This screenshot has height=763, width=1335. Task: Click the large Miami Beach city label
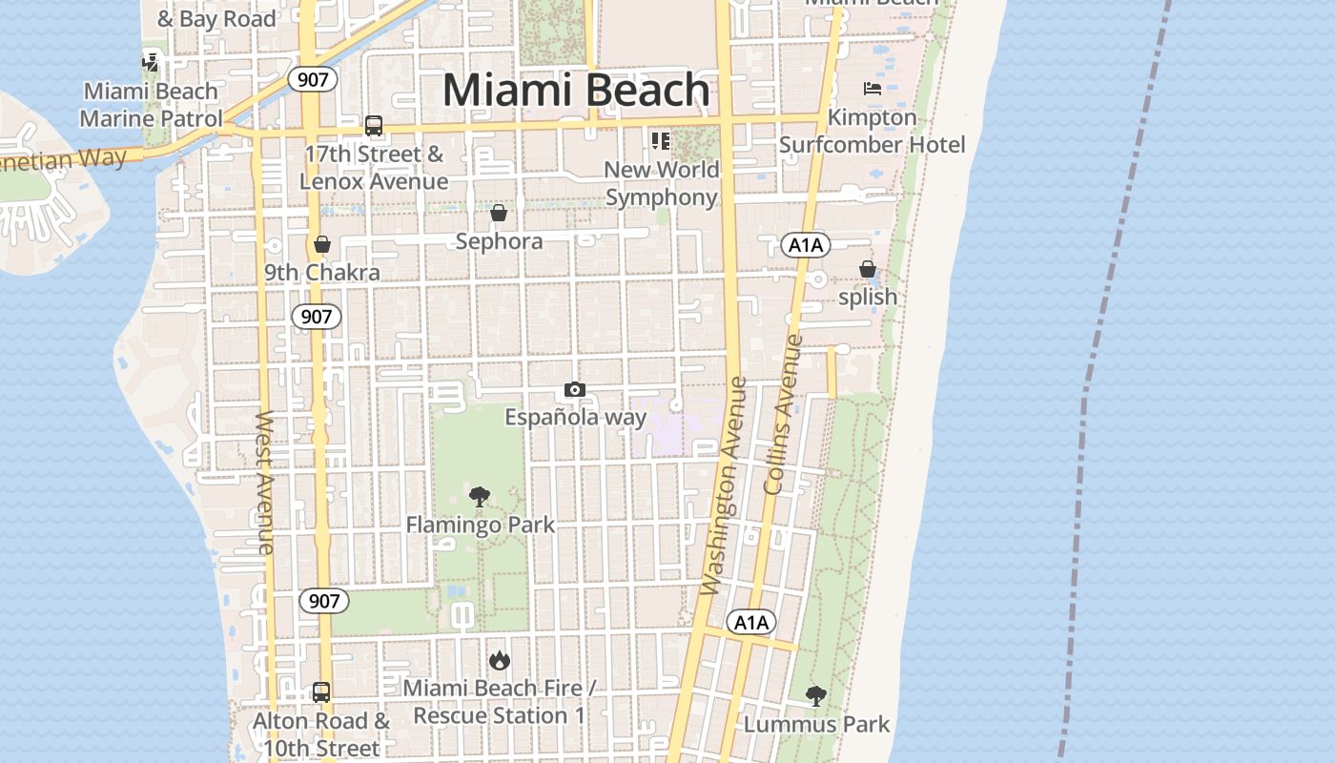coord(576,91)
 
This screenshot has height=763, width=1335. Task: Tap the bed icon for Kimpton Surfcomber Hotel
coord(873,89)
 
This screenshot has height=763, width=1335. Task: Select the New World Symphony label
coord(661,183)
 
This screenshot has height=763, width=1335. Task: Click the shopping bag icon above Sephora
coord(499,213)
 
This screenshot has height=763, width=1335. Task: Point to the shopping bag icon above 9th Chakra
coord(322,244)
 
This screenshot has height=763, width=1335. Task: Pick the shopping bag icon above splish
coord(868,269)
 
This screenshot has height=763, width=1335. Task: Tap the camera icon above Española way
coord(574,389)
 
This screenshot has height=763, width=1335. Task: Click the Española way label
coord(575,417)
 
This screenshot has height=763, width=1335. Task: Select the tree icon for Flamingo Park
coord(480,496)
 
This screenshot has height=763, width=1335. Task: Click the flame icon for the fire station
coord(499,660)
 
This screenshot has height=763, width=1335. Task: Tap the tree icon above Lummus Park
coord(815,695)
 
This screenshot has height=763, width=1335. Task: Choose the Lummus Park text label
coord(816,724)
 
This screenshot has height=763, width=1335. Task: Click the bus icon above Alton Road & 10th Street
coord(321,692)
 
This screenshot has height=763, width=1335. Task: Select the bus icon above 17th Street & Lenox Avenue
coord(374,126)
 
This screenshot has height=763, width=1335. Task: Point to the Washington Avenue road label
coord(724,486)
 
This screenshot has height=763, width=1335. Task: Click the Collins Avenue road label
coord(785,415)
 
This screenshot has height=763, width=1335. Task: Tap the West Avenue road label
coord(266,482)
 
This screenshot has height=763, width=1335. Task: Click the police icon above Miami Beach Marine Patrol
coord(150,63)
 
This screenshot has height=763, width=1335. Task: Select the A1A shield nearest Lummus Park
coord(751,623)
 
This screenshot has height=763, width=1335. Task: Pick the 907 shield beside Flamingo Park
coord(324,601)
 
